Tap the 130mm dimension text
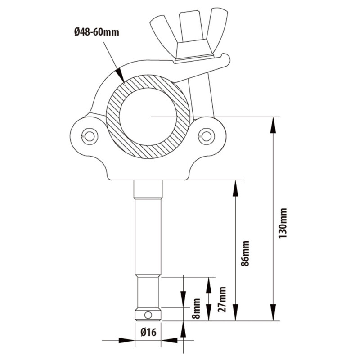[283, 223]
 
